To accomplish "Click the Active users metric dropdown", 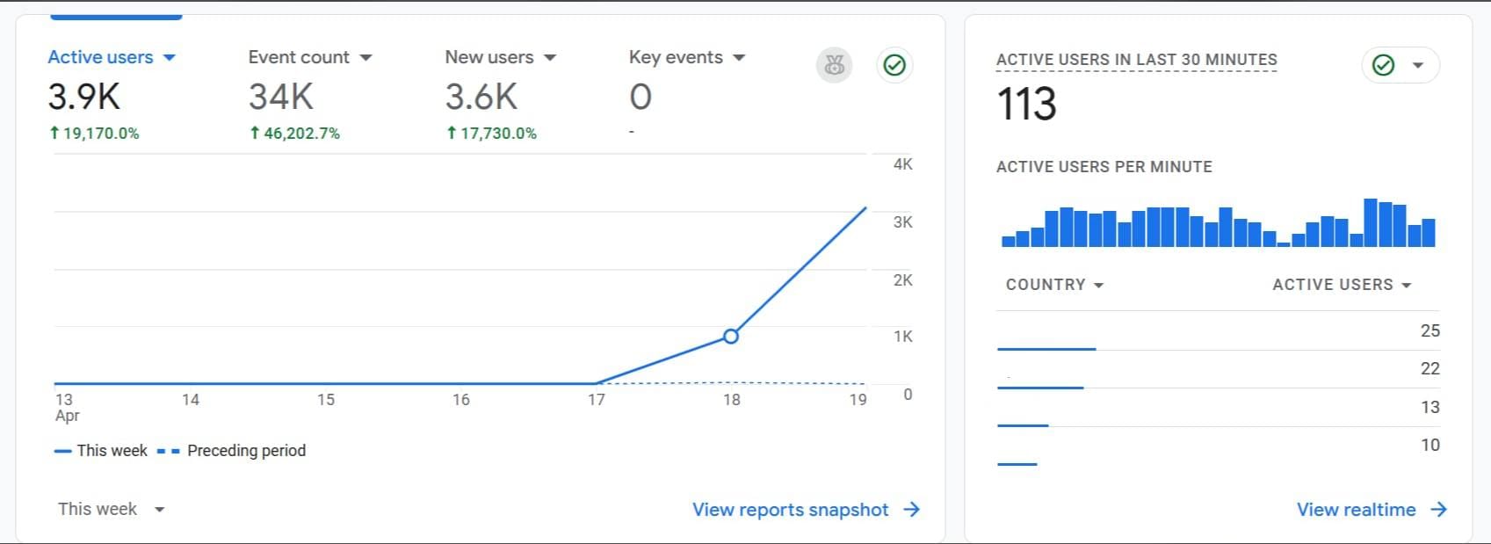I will click(112, 58).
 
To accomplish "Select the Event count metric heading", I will click(309, 58).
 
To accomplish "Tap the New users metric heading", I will click(500, 58).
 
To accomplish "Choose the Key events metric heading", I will click(686, 58).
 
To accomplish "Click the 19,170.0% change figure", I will click(94, 134).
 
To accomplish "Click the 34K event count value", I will click(280, 97).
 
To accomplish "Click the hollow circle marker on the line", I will click(730, 336).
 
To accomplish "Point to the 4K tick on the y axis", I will click(902, 164).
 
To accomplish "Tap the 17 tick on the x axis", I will click(597, 400).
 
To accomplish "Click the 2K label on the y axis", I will click(902, 280).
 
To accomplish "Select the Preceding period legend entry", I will click(232, 451).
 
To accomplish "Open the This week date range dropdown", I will click(111, 510).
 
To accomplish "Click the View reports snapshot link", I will click(805, 510).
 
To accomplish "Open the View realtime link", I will click(1371, 510).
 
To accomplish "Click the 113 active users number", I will click(1026, 105).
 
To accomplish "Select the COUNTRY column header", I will click(1053, 285).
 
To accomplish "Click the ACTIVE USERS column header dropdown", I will click(1342, 285).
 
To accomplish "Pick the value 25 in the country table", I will click(1429, 331).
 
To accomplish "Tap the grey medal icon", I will click(834, 65).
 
